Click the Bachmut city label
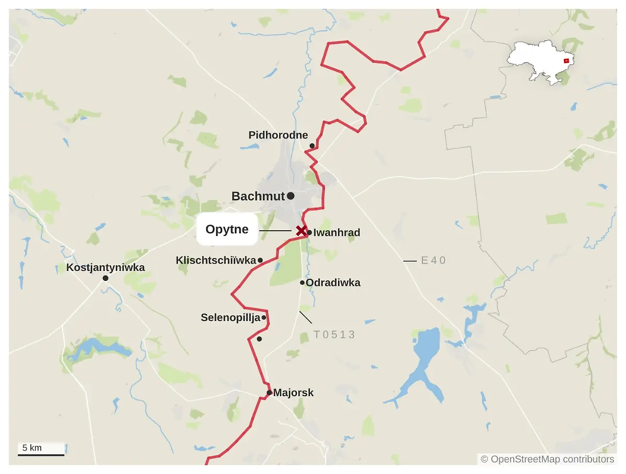(x=258, y=196)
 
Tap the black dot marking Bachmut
(x=291, y=196)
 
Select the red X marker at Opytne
(x=301, y=230)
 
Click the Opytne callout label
(x=227, y=229)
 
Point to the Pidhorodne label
(x=278, y=135)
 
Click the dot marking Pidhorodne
(x=312, y=146)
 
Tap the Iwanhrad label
(x=336, y=233)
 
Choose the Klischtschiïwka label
(x=215, y=260)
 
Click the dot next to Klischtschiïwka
(x=260, y=260)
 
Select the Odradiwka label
(x=333, y=283)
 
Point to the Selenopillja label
(x=230, y=317)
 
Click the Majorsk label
(x=294, y=393)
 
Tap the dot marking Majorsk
(x=269, y=393)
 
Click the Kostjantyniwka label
(x=105, y=268)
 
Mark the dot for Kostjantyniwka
(x=105, y=278)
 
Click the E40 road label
(x=434, y=260)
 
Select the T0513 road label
(x=334, y=335)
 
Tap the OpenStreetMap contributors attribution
(x=547, y=459)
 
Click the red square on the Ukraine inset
(x=566, y=61)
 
